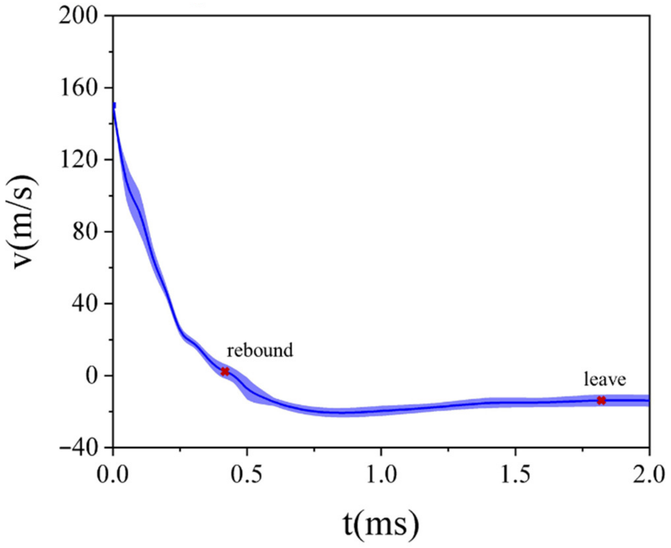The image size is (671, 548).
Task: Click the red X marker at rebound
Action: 225,371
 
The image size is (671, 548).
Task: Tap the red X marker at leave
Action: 601,400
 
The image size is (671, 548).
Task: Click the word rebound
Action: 260,350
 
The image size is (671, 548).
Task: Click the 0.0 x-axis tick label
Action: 113,475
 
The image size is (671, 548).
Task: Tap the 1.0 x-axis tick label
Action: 381,475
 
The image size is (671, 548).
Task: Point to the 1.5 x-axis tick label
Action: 515,475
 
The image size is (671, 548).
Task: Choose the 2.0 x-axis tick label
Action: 649,475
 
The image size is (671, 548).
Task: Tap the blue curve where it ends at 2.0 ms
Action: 648,400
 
